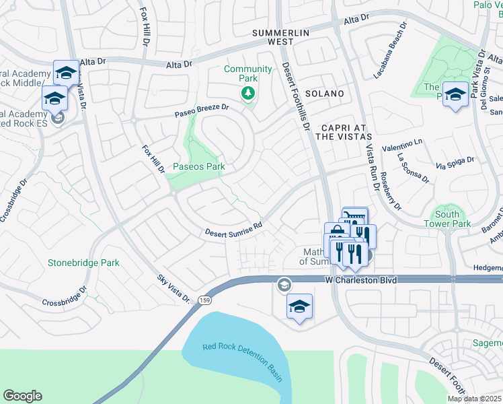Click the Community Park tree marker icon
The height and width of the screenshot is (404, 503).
click(249, 93)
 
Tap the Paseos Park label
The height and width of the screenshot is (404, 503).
click(198, 166)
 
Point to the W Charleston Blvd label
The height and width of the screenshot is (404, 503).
click(359, 279)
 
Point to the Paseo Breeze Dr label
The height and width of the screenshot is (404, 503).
click(202, 110)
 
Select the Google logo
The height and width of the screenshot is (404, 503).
click(22, 395)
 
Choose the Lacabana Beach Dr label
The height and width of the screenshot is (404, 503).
click(391, 51)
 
